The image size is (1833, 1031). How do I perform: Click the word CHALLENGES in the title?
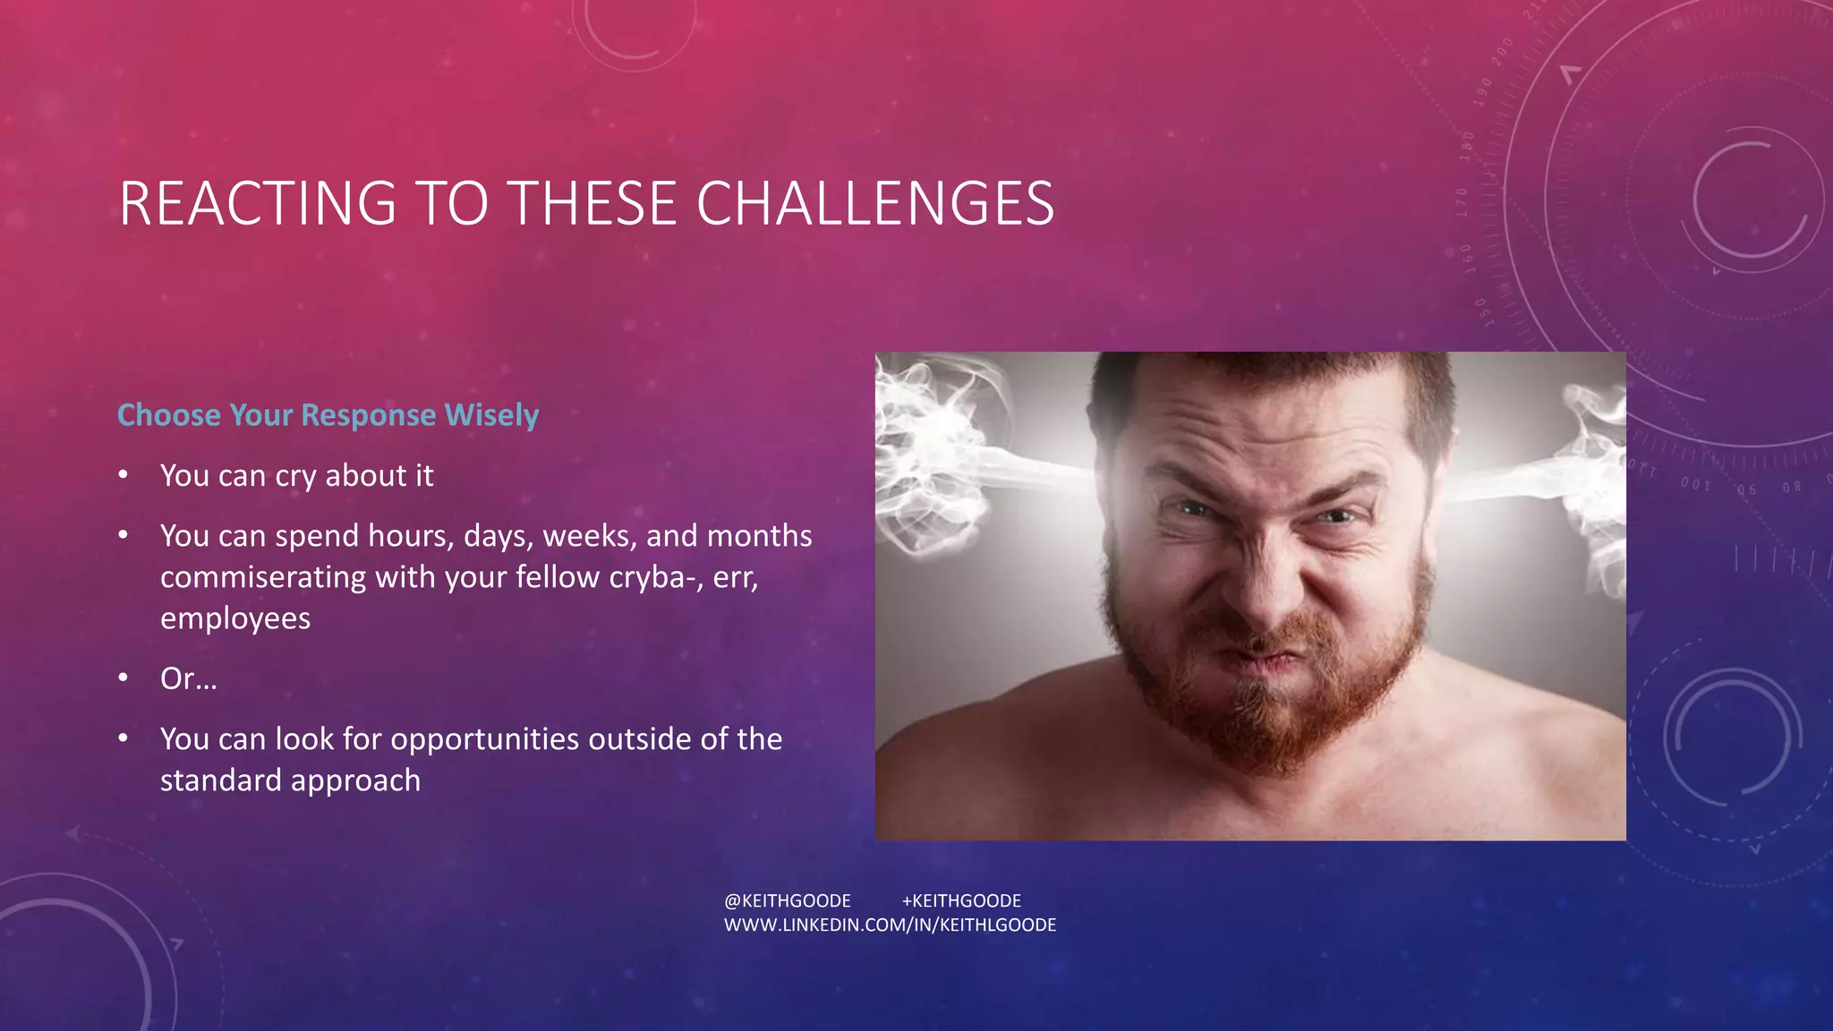point(875,203)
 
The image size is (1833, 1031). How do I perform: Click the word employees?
point(235,618)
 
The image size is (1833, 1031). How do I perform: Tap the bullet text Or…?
point(188,678)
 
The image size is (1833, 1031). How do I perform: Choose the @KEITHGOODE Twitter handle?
point(787,900)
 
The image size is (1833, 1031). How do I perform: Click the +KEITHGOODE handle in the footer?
point(961,900)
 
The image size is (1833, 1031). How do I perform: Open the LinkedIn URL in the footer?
point(890,924)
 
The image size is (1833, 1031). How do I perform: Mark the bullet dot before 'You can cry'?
point(124,475)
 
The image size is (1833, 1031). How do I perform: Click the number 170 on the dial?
point(1462,203)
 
